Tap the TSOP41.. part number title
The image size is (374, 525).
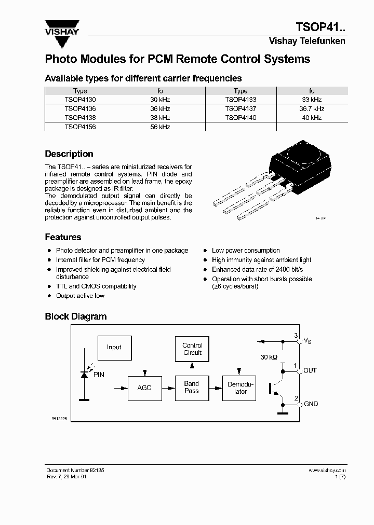(320, 27)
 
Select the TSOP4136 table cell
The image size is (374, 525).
(80, 109)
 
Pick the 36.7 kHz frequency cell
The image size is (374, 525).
(312, 109)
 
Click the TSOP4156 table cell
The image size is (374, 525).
(80, 127)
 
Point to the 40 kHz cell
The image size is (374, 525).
(312, 118)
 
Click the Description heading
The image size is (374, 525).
(69, 154)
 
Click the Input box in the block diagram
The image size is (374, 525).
(114, 348)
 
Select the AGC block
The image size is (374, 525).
(144, 388)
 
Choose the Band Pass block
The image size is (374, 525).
(192, 388)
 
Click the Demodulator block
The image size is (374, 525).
(240, 388)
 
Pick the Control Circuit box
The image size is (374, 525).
(192, 349)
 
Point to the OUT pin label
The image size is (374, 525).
(310, 370)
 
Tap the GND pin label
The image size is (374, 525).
(311, 404)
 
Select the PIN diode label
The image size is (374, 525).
(99, 374)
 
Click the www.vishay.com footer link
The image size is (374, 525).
(327, 470)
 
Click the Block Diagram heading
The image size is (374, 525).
(76, 316)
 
